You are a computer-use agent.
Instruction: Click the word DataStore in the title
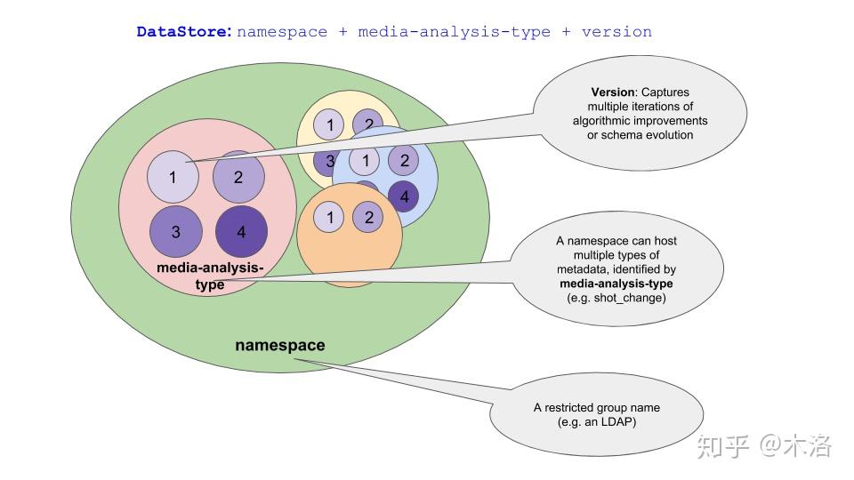(x=184, y=32)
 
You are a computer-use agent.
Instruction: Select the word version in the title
(x=616, y=32)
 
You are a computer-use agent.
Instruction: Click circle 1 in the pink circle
(x=173, y=177)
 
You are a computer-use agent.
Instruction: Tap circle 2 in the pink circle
(x=238, y=177)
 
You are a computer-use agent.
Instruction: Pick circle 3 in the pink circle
(x=176, y=232)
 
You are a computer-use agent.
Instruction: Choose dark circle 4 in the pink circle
(x=241, y=232)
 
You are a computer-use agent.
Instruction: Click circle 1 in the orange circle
(x=329, y=217)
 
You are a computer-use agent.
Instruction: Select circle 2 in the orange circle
(x=368, y=217)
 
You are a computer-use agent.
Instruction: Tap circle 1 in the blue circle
(x=365, y=161)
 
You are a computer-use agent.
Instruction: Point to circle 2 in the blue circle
(x=404, y=160)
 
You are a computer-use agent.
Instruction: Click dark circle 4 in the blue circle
(x=404, y=196)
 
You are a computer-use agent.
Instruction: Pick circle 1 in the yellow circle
(x=329, y=124)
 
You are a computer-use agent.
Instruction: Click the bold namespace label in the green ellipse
(x=280, y=345)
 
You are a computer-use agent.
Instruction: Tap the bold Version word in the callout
(x=613, y=92)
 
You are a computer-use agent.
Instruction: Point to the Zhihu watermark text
(x=764, y=445)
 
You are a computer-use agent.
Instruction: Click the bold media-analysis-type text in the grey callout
(x=616, y=284)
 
